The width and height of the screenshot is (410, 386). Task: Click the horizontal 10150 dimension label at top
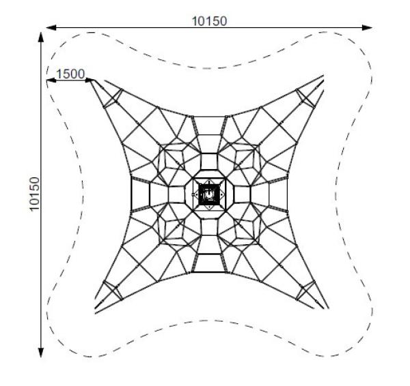pos(210,21)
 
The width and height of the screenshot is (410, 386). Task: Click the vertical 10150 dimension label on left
pos(34,194)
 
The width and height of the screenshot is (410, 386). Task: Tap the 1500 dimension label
pos(70,74)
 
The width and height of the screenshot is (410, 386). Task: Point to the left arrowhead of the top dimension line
pos(51,27)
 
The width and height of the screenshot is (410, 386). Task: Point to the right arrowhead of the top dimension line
pos(367,27)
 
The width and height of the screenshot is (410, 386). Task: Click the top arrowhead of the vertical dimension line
pos(41,37)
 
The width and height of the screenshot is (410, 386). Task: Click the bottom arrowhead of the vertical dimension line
pos(41,353)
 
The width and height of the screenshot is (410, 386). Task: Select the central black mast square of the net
pos(209,194)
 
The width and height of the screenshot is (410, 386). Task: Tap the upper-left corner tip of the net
pos(91,80)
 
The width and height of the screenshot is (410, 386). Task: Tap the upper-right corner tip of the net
pos(323,76)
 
